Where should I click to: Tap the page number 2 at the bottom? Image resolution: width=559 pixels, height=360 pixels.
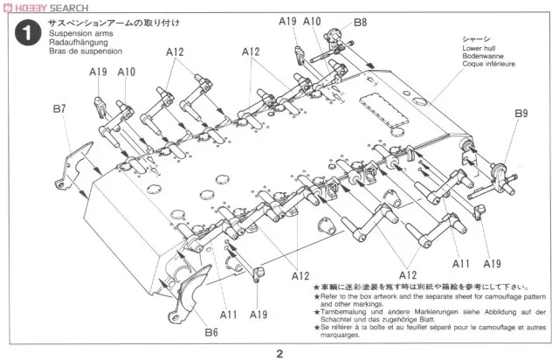(279, 353)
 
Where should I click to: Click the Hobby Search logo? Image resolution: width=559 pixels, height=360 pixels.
(45, 7)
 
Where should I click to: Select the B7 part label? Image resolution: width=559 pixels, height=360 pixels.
(59, 109)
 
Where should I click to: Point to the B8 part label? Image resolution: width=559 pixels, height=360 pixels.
(360, 21)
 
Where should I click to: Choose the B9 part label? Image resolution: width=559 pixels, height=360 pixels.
(521, 114)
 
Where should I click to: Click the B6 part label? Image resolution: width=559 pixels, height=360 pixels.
(211, 332)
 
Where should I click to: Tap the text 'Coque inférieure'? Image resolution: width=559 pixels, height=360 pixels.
(488, 64)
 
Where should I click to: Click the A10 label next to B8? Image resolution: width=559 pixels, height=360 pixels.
(313, 21)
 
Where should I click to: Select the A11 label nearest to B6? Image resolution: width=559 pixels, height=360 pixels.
(229, 314)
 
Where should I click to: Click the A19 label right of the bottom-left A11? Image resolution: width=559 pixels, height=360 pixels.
(258, 314)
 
